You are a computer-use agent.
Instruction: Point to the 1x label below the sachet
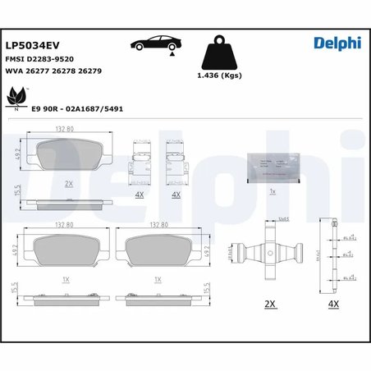(x=274, y=190)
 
